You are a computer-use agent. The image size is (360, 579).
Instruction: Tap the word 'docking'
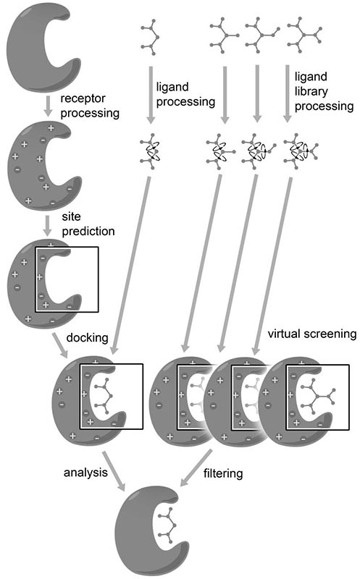tap(86, 338)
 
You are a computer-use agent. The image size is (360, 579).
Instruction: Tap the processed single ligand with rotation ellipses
tap(150, 152)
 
